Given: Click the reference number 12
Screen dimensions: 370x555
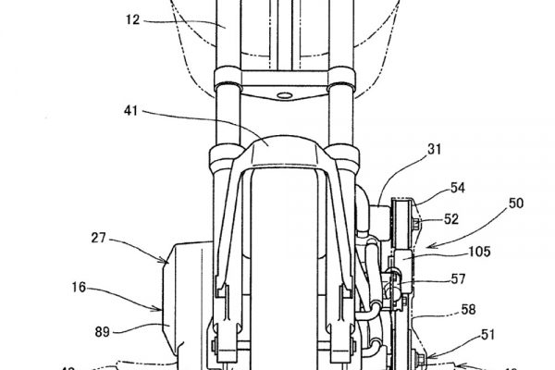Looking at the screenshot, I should [136, 18].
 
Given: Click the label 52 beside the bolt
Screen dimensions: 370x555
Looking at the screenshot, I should [452, 218].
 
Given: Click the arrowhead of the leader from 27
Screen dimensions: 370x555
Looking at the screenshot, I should [167, 262].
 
